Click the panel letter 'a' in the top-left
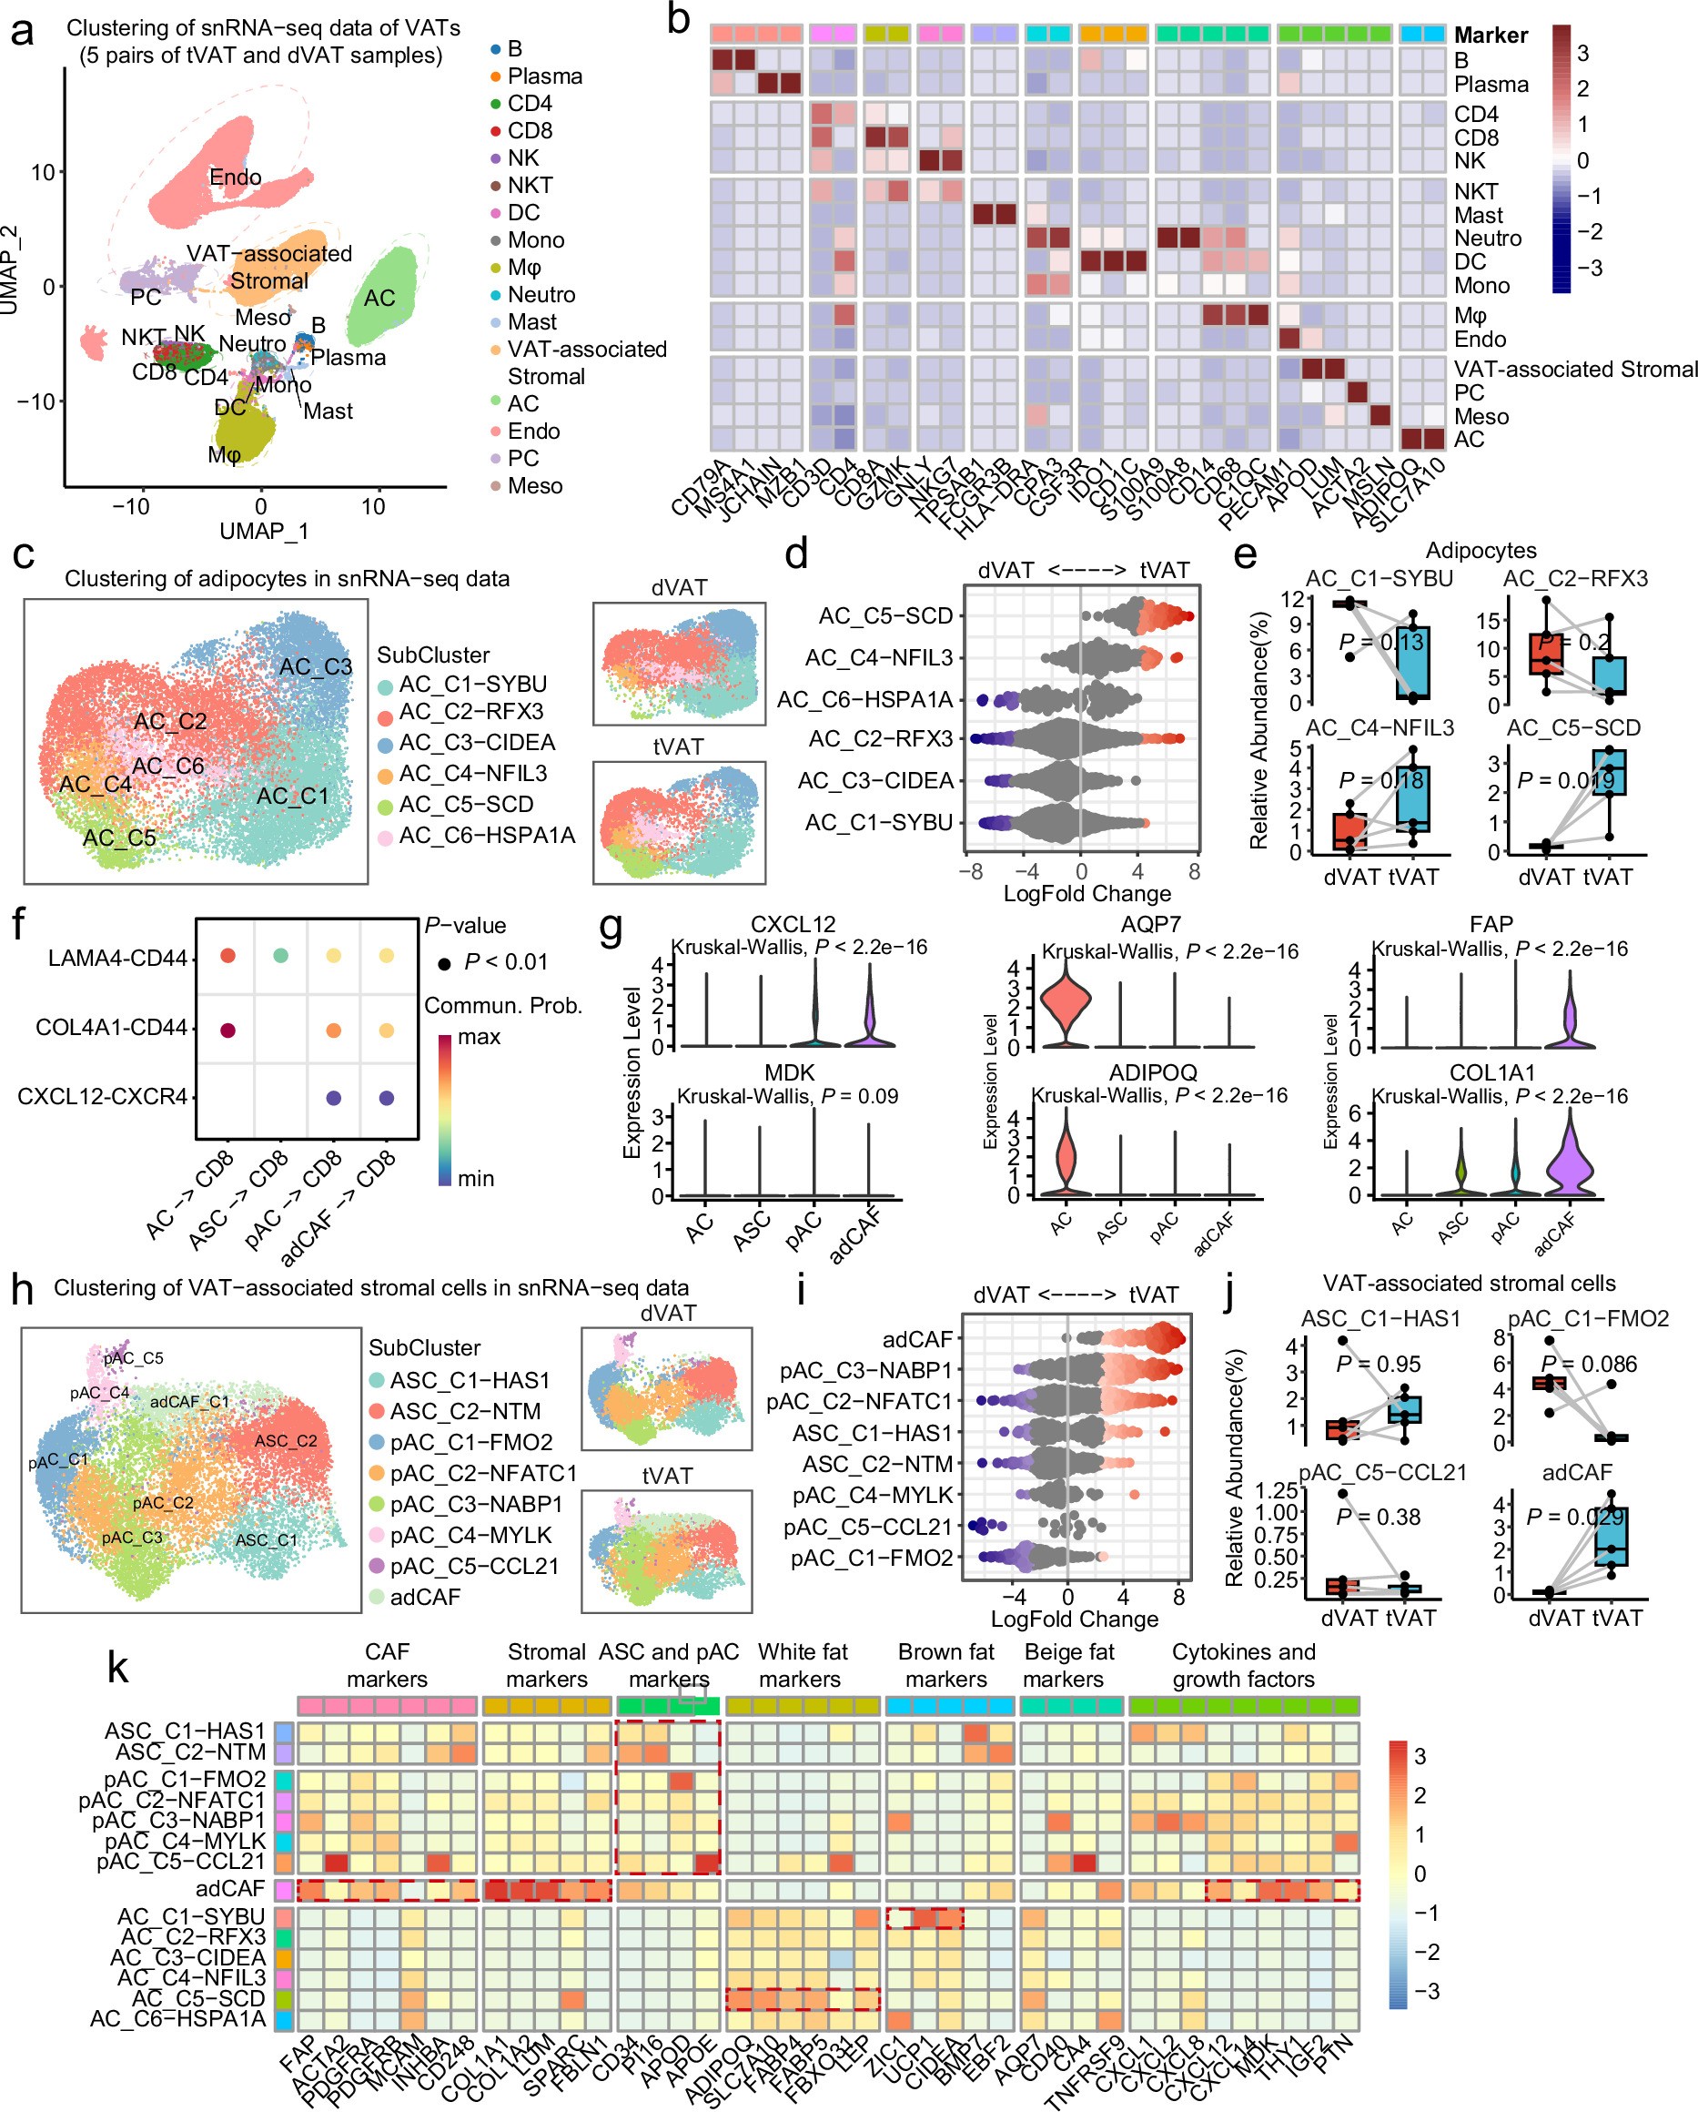point(22,33)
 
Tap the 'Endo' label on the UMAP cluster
point(235,178)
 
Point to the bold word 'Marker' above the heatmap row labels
point(1491,36)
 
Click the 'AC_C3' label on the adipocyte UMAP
point(316,667)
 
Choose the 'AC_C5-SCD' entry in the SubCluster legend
point(465,804)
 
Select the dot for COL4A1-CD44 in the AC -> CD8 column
point(228,1031)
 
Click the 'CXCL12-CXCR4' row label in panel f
point(102,1097)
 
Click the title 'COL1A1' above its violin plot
point(1491,1072)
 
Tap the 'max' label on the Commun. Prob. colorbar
point(479,1036)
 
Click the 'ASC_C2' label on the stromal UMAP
point(285,1441)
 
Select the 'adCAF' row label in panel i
point(916,1339)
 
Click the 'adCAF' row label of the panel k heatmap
point(230,1888)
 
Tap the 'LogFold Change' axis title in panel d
point(1086,893)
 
